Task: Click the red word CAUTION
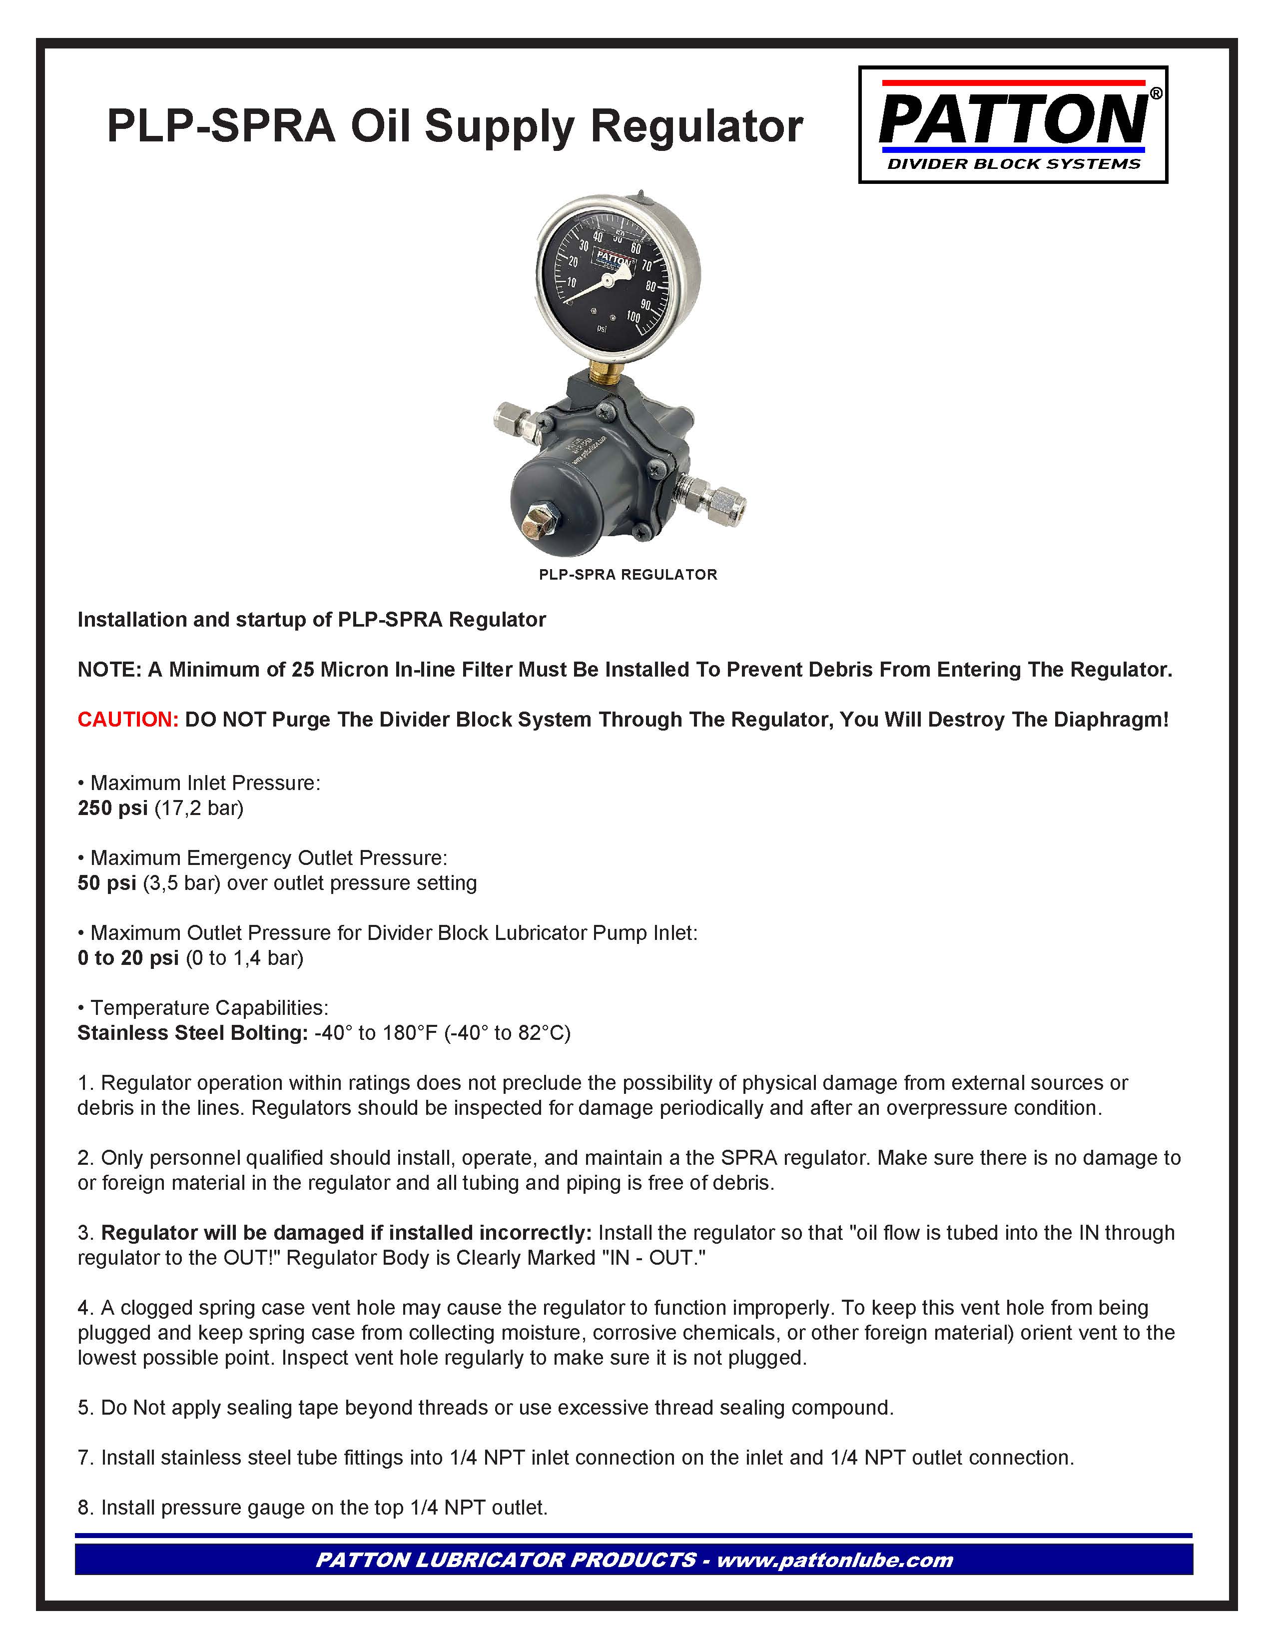(127, 720)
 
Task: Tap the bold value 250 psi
(112, 808)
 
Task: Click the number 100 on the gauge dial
(633, 317)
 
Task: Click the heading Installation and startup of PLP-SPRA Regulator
(311, 620)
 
